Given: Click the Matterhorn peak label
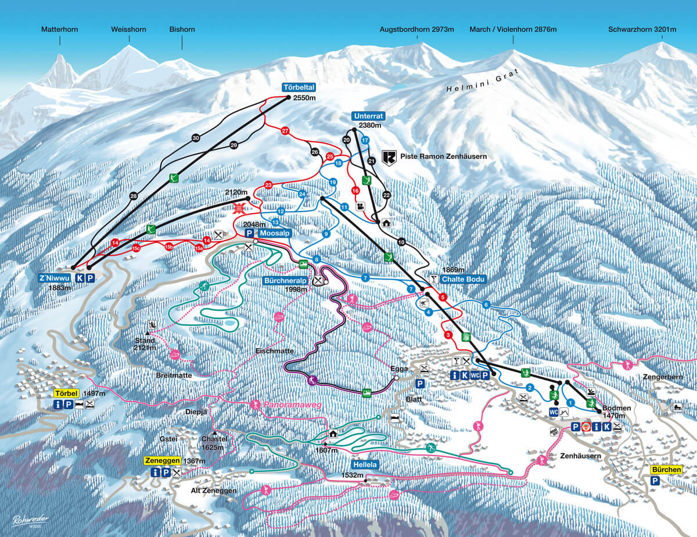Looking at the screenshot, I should tap(59, 29).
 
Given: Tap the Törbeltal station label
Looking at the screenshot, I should tap(299, 88).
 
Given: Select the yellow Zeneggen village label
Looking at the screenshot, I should tap(162, 461).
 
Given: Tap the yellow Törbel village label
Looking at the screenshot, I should tap(65, 393).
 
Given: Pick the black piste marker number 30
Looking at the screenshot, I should tap(196, 138).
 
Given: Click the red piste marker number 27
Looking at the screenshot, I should tap(285, 131).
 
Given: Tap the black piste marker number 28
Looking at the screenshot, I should tap(133, 196).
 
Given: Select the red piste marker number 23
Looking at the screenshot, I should tap(268, 185).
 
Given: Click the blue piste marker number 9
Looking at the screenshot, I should tap(326, 234).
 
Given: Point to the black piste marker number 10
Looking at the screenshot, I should tap(401, 241).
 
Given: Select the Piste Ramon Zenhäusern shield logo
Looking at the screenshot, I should tap(389, 157).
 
